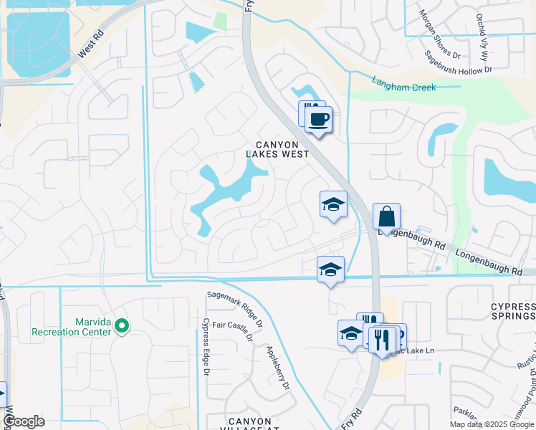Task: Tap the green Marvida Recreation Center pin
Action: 122,326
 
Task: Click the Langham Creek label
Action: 403,84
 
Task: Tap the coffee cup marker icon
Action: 319,119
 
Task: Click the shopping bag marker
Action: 386,216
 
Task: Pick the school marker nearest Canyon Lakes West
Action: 333,205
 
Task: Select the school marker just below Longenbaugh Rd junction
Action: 330,269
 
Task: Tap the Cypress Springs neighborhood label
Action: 512,311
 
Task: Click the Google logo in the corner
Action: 23,421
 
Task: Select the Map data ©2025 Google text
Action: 492,424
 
